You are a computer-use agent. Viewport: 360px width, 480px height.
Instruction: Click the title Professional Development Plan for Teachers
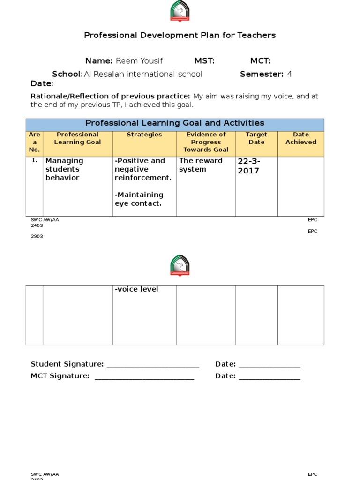[x=180, y=35]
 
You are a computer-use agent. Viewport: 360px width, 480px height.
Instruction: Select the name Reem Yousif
[x=139, y=61]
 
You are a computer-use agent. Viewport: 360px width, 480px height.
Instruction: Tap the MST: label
[x=204, y=61]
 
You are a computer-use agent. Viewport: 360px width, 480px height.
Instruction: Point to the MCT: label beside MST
[x=260, y=61]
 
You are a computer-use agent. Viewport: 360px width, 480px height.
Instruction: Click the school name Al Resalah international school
[x=143, y=74]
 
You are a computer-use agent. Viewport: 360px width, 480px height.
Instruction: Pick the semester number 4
[x=289, y=74]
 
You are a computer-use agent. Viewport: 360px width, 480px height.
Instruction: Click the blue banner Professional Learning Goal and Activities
[x=175, y=123]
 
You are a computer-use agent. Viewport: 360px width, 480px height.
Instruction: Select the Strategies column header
[x=144, y=135]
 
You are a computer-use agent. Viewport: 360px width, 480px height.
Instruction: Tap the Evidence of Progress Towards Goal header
[x=206, y=142]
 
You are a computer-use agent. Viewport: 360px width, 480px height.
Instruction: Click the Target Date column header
[x=256, y=138]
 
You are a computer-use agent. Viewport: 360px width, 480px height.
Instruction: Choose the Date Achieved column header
[x=301, y=138]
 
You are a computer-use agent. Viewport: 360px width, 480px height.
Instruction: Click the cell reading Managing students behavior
[x=64, y=169]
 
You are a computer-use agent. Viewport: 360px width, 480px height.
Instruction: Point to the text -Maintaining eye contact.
[x=139, y=199]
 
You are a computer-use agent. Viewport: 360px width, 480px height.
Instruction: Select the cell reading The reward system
[x=201, y=165]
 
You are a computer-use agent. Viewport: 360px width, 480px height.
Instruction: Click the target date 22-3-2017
[x=249, y=166]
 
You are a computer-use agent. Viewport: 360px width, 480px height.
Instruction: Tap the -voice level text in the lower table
[x=136, y=289]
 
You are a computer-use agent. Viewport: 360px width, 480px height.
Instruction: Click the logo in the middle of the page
[x=180, y=265]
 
